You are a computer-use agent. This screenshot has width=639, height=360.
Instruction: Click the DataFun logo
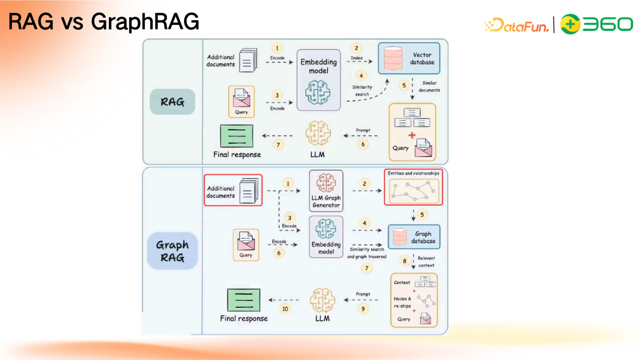coord(517,24)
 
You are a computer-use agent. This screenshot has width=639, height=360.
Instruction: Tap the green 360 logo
coord(596,24)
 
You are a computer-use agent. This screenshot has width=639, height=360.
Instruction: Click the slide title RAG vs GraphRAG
coord(104,22)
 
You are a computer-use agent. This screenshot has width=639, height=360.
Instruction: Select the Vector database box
coord(409,58)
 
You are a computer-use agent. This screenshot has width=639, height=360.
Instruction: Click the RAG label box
coord(172,102)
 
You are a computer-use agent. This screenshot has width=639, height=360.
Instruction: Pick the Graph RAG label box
coord(172,251)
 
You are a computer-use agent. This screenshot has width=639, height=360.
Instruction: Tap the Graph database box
coord(414,237)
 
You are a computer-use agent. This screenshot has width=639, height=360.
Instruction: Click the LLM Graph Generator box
coord(326,191)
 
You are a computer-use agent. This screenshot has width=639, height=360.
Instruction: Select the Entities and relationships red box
coord(414,187)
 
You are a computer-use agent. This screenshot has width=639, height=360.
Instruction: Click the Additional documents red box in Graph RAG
coord(233,191)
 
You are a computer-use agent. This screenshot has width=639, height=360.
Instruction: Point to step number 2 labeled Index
coord(356,47)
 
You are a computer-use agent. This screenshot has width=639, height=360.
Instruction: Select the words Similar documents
coord(430,86)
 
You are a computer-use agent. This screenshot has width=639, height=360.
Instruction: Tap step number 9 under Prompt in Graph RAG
coord(363,308)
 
